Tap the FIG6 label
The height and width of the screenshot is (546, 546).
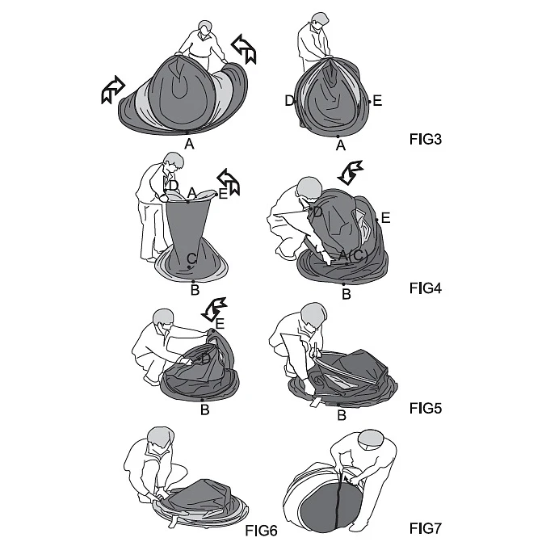[261, 531]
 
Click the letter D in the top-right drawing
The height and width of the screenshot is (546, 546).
[289, 100]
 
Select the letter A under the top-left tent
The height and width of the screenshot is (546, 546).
[189, 144]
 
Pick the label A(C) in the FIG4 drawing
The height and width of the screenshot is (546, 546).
[353, 255]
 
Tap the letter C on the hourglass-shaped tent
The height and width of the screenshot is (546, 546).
[191, 258]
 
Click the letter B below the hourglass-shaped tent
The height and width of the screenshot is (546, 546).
[195, 289]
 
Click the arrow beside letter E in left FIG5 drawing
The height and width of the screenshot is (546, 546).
[215, 308]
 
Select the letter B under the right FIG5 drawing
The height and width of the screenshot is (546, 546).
[342, 416]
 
